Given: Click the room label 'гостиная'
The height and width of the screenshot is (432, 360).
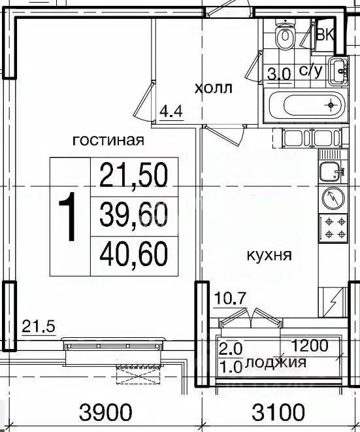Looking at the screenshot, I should [108, 140].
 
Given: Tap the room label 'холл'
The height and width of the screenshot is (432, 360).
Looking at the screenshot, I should [214, 88].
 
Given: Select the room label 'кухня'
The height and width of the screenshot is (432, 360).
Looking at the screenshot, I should [269, 254].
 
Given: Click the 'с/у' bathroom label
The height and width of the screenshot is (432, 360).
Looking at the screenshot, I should [311, 73].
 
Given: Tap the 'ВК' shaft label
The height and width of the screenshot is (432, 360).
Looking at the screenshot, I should [325, 35].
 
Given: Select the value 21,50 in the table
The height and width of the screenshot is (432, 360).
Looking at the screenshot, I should [133, 175].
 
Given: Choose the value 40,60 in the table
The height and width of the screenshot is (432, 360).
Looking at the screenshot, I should [133, 252].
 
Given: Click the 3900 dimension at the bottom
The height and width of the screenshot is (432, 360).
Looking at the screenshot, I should [106, 412].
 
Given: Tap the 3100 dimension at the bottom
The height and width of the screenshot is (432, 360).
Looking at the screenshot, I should [278, 412].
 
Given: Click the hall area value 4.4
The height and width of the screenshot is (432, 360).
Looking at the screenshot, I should [171, 112].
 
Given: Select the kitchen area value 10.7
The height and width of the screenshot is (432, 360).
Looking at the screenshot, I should [229, 299].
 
